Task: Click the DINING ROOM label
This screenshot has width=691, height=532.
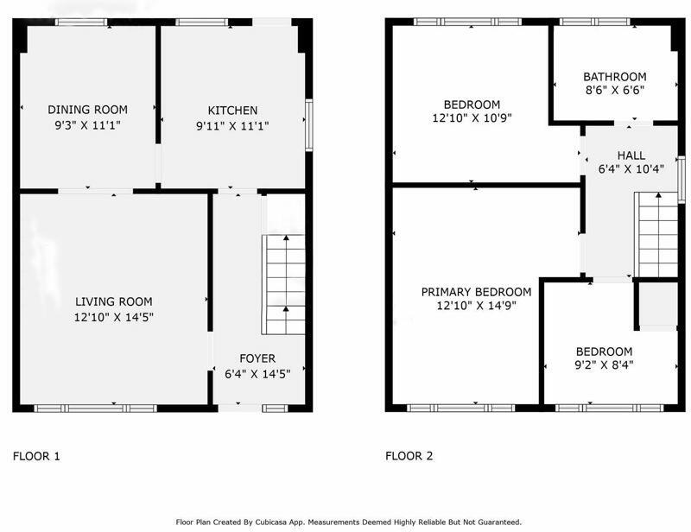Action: point(88,110)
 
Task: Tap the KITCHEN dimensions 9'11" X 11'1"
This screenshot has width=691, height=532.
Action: point(232,126)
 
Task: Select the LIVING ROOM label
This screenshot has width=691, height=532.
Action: point(114,301)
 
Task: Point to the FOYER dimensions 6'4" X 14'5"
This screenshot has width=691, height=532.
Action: point(257,374)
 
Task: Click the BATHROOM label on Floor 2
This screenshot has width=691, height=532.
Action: point(615,77)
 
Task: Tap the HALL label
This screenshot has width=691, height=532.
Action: point(631,155)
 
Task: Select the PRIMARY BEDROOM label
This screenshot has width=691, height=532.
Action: point(476,292)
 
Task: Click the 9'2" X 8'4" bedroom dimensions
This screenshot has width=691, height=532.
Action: point(604,365)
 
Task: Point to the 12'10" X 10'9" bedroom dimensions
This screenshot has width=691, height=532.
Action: point(472,118)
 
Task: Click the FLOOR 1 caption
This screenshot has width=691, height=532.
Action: point(36,456)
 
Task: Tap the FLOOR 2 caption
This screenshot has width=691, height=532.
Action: point(409,456)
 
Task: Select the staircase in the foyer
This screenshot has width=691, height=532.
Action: point(284,285)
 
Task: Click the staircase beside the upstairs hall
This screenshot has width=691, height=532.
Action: point(656,235)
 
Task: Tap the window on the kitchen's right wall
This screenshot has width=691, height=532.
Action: point(309,125)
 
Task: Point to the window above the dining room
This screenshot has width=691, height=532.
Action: point(81,22)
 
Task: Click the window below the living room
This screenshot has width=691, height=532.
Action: point(96,408)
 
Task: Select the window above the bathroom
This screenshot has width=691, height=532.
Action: point(595,22)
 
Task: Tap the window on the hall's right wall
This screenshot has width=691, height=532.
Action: point(681,180)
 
